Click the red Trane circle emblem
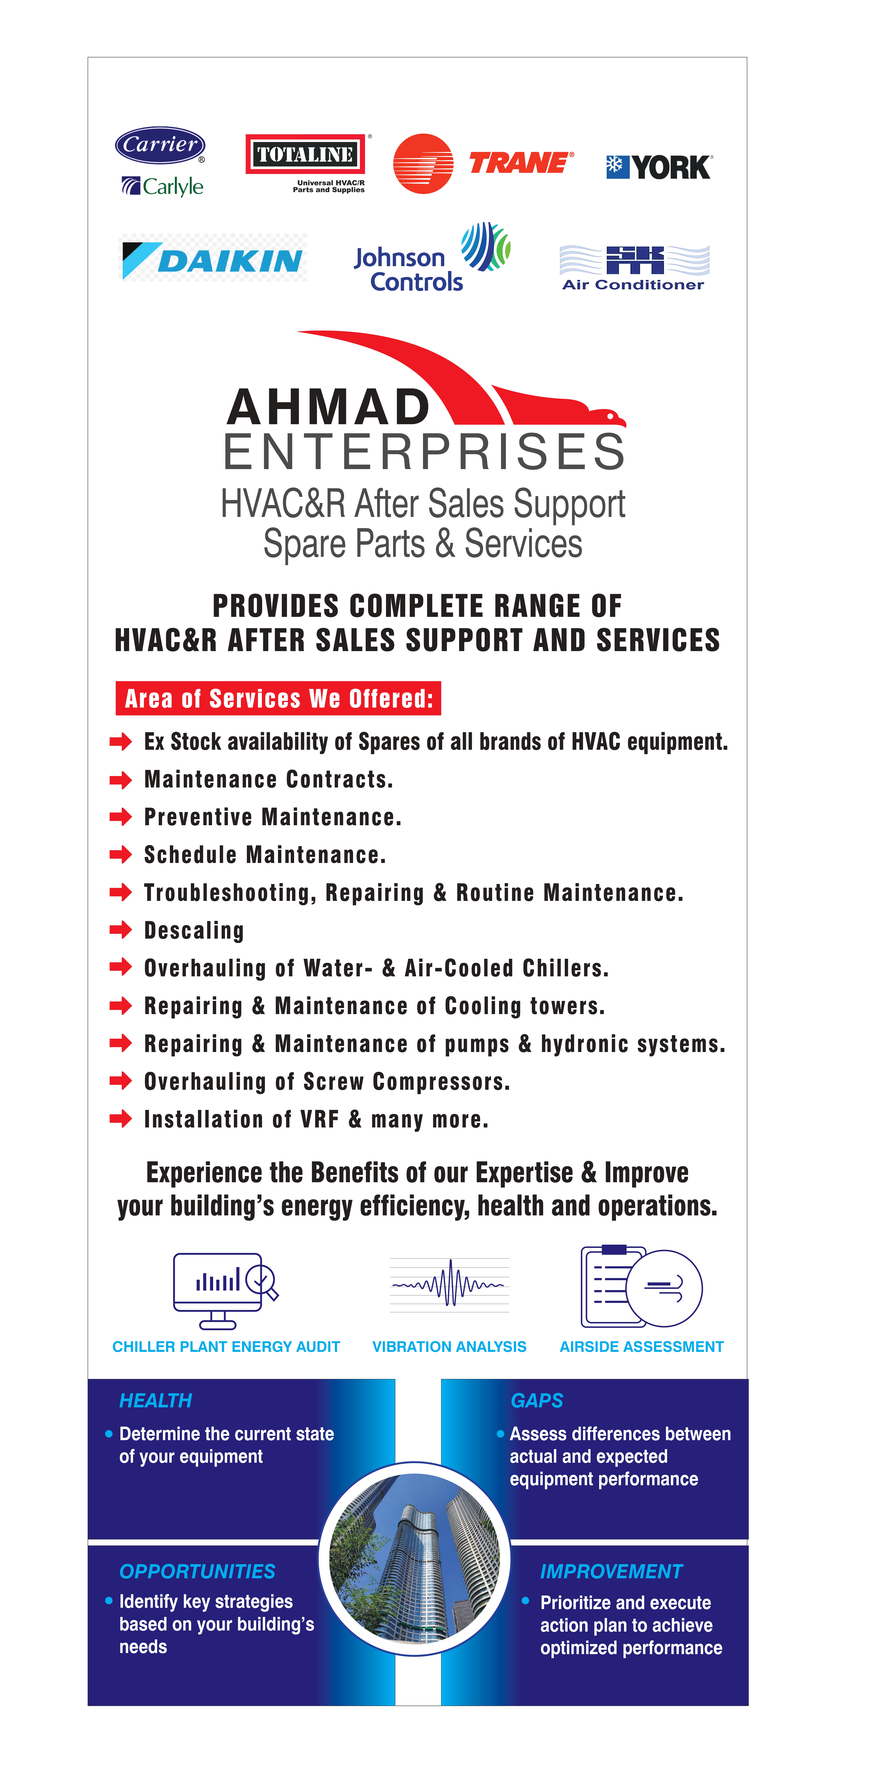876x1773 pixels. [422, 164]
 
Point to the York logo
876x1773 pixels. [658, 167]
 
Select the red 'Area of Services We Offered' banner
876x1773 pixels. [278, 699]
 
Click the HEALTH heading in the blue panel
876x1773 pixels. [155, 1401]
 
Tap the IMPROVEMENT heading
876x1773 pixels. [611, 1571]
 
